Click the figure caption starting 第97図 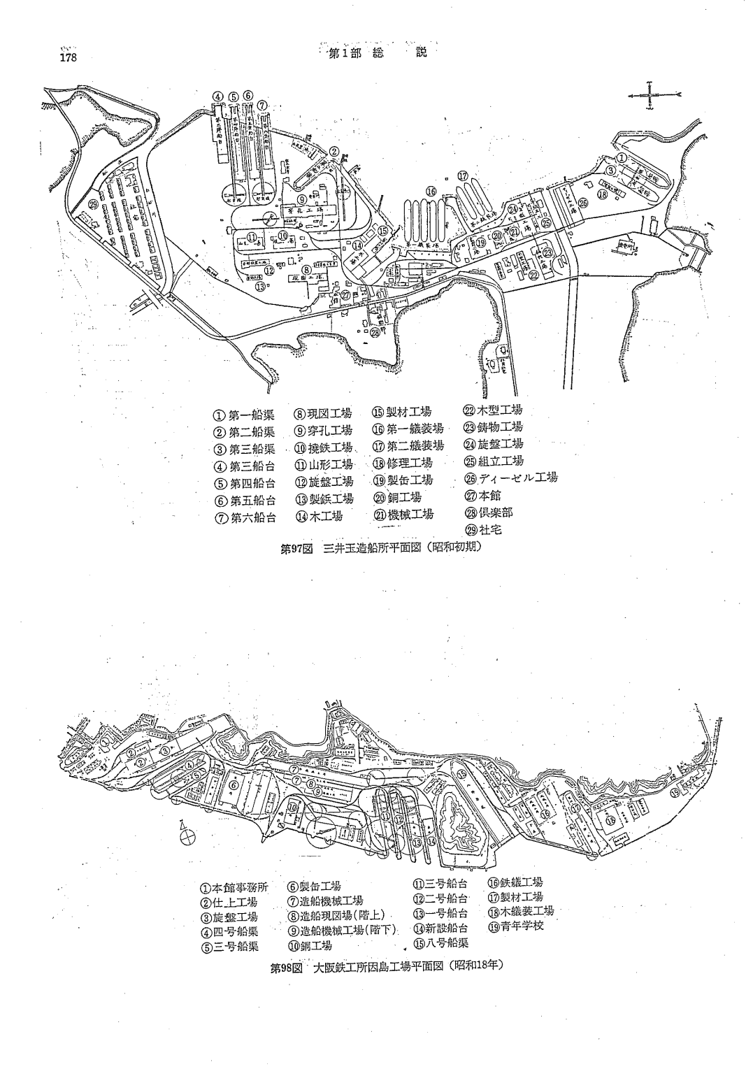[381, 550]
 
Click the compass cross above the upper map [650, 94]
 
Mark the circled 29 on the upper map [94, 204]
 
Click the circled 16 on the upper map [431, 190]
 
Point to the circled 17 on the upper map [462, 175]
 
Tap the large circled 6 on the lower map [235, 784]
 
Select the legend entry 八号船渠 [440, 942]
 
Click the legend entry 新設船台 [440, 928]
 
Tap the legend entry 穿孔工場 [322, 430]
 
